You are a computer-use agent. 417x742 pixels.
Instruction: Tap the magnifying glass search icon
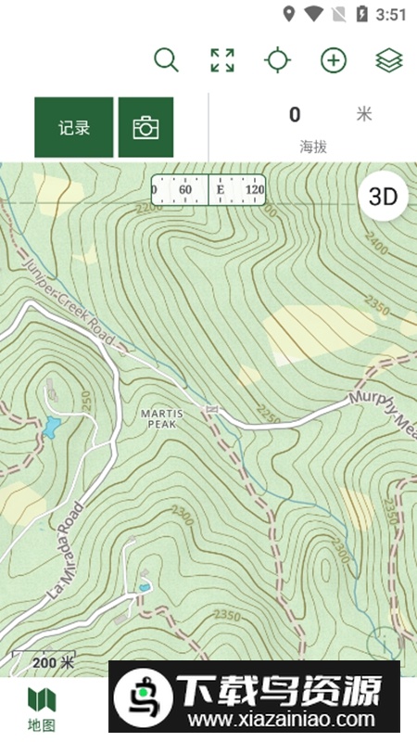pos(166,60)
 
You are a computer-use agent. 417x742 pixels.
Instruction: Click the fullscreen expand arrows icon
pos(221,60)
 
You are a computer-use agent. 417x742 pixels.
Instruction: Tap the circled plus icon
pos(333,60)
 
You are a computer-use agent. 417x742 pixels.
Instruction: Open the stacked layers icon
pos(388,60)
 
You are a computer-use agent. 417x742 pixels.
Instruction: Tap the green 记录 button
pos(74,128)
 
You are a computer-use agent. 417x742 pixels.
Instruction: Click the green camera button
pos(145,128)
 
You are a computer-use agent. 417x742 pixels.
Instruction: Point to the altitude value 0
pos(295,115)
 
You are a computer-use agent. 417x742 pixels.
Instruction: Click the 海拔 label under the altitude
pos(312,147)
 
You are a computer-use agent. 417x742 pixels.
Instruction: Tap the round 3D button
pos(383,197)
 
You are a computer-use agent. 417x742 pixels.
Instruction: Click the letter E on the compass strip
pos(221,189)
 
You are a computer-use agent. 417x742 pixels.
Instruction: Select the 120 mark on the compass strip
pos(254,189)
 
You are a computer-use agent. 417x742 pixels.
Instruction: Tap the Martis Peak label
pos(161,417)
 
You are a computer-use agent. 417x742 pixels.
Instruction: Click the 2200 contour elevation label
pos(148,208)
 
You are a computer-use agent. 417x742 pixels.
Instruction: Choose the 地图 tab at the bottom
pos(41,709)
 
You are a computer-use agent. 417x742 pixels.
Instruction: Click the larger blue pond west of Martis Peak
pos(52,428)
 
